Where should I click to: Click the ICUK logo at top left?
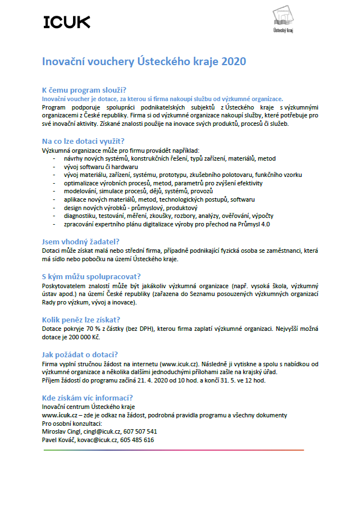point(66,22)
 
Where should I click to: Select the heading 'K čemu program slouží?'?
point(84,90)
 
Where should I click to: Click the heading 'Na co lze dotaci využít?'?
point(83,141)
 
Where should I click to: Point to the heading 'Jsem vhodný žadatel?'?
point(81,242)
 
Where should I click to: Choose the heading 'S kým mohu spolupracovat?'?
point(91,276)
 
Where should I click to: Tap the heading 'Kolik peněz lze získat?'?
point(81,320)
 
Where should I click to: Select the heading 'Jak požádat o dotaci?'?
point(80,354)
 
